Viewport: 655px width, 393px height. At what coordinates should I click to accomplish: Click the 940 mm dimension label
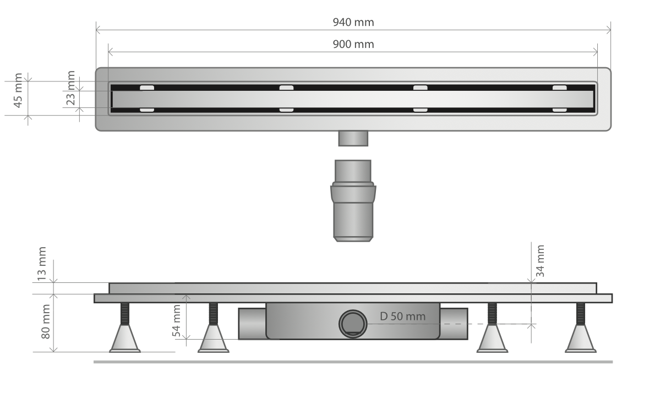point(353,22)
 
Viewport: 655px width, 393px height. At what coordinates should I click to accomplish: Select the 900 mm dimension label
point(353,44)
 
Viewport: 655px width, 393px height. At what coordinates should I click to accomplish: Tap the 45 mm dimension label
point(18,90)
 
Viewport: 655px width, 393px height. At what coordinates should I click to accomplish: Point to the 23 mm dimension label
point(70,88)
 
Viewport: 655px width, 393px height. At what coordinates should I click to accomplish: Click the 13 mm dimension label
point(42,264)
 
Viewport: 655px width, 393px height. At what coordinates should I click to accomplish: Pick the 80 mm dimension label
point(46,321)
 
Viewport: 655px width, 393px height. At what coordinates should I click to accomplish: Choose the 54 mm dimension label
point(177,321)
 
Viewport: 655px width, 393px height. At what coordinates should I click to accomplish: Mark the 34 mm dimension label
point(540,261)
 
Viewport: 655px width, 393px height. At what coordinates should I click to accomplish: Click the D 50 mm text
point(403,316)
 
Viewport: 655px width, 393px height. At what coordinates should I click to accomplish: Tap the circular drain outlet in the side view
point(353,324)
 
